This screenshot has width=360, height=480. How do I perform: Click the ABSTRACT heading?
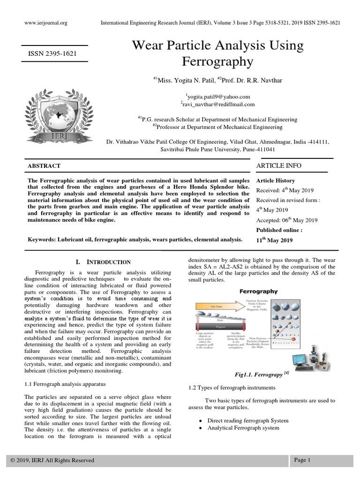point(44,166)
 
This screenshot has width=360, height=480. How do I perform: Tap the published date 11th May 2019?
point(275,240)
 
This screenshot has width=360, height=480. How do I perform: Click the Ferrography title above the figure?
point(259,291)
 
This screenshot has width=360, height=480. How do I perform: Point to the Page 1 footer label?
point(302,460)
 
